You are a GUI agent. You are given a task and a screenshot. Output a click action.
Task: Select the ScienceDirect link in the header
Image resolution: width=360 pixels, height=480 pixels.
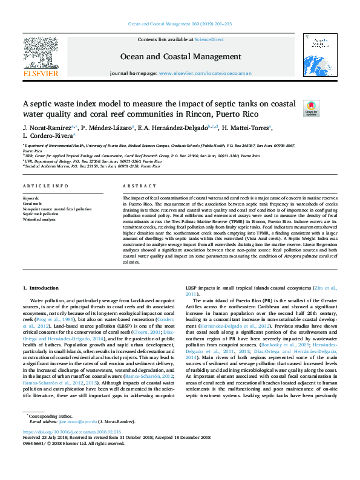point(209,39)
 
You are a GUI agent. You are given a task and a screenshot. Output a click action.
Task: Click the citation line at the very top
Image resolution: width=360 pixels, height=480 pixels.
point(180,24)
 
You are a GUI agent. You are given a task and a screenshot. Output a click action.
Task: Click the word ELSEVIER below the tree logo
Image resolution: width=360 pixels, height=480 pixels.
point(41,74)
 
